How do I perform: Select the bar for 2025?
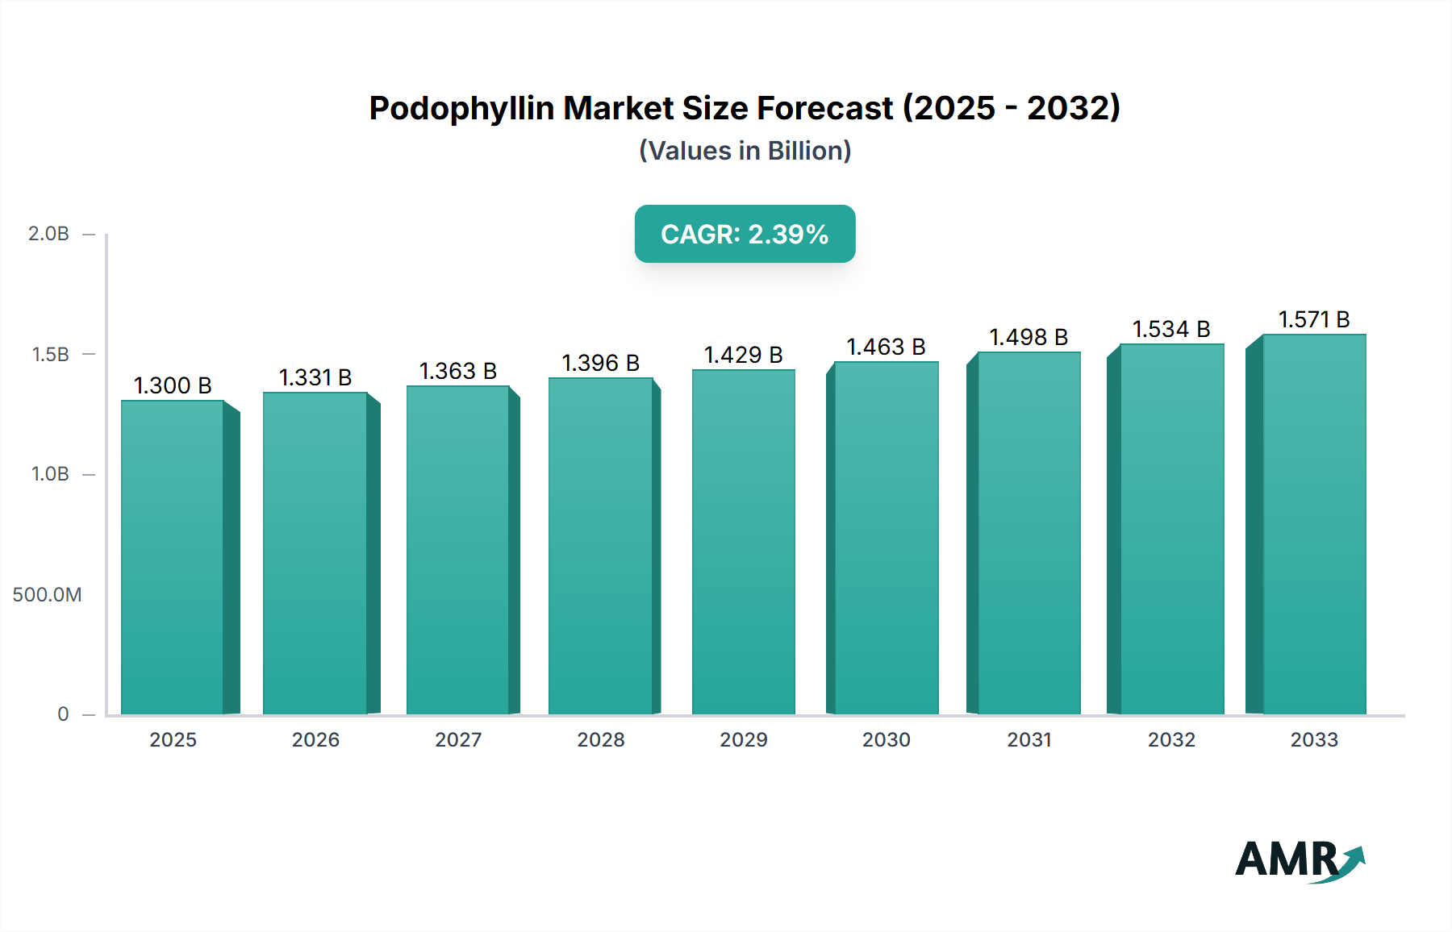[173, 556]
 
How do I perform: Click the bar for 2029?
[743, 542]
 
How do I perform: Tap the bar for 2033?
[1313, 524]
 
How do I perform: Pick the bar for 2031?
[1028, 532]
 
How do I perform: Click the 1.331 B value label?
[315, 377]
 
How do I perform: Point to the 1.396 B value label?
[600, 363]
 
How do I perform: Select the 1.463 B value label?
[886, 347]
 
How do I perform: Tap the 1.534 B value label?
[1171, 329]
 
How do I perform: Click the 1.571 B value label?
[1314, 319]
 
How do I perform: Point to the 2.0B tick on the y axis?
[48, 234]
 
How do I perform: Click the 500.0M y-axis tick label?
[47, 595]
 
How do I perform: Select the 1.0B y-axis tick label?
[50, 474]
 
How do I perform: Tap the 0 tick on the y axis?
[63, 714]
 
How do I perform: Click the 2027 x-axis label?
[458, 739]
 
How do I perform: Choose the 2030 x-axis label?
[886, 739]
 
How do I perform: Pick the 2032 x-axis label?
[1171, 739]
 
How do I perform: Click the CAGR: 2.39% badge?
[745, 234]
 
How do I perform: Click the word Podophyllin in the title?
[461, 108]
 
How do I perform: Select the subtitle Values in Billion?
[745, 151]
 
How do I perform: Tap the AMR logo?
[1299, 860]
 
